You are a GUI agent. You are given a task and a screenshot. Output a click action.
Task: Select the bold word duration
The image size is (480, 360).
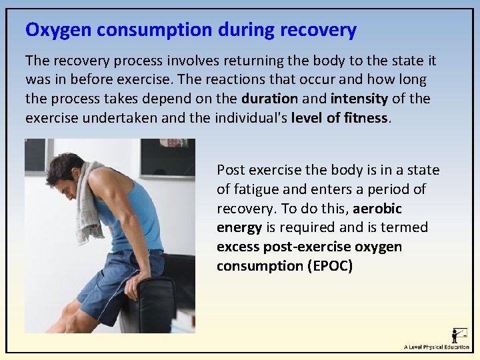pyautogui.click(x=269, y=99)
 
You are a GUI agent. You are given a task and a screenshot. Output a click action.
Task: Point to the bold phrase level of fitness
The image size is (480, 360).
pyautogui.click(x=339, y=118)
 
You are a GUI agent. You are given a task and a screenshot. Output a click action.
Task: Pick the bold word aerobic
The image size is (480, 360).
pyautogui.click(x=377, y=209)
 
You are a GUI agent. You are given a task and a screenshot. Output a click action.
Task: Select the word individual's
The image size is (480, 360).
pyautogui.click(x=250, y=118)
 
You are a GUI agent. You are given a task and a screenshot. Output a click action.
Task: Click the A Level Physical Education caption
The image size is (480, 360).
pyautogui.click(x=436, y=347)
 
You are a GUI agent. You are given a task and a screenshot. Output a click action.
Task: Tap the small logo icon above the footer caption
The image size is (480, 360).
pyautogui.click(x=459, y=334)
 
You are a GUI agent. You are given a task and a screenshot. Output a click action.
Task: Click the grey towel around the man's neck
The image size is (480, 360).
pyautogui.click(x=89, y=200)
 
